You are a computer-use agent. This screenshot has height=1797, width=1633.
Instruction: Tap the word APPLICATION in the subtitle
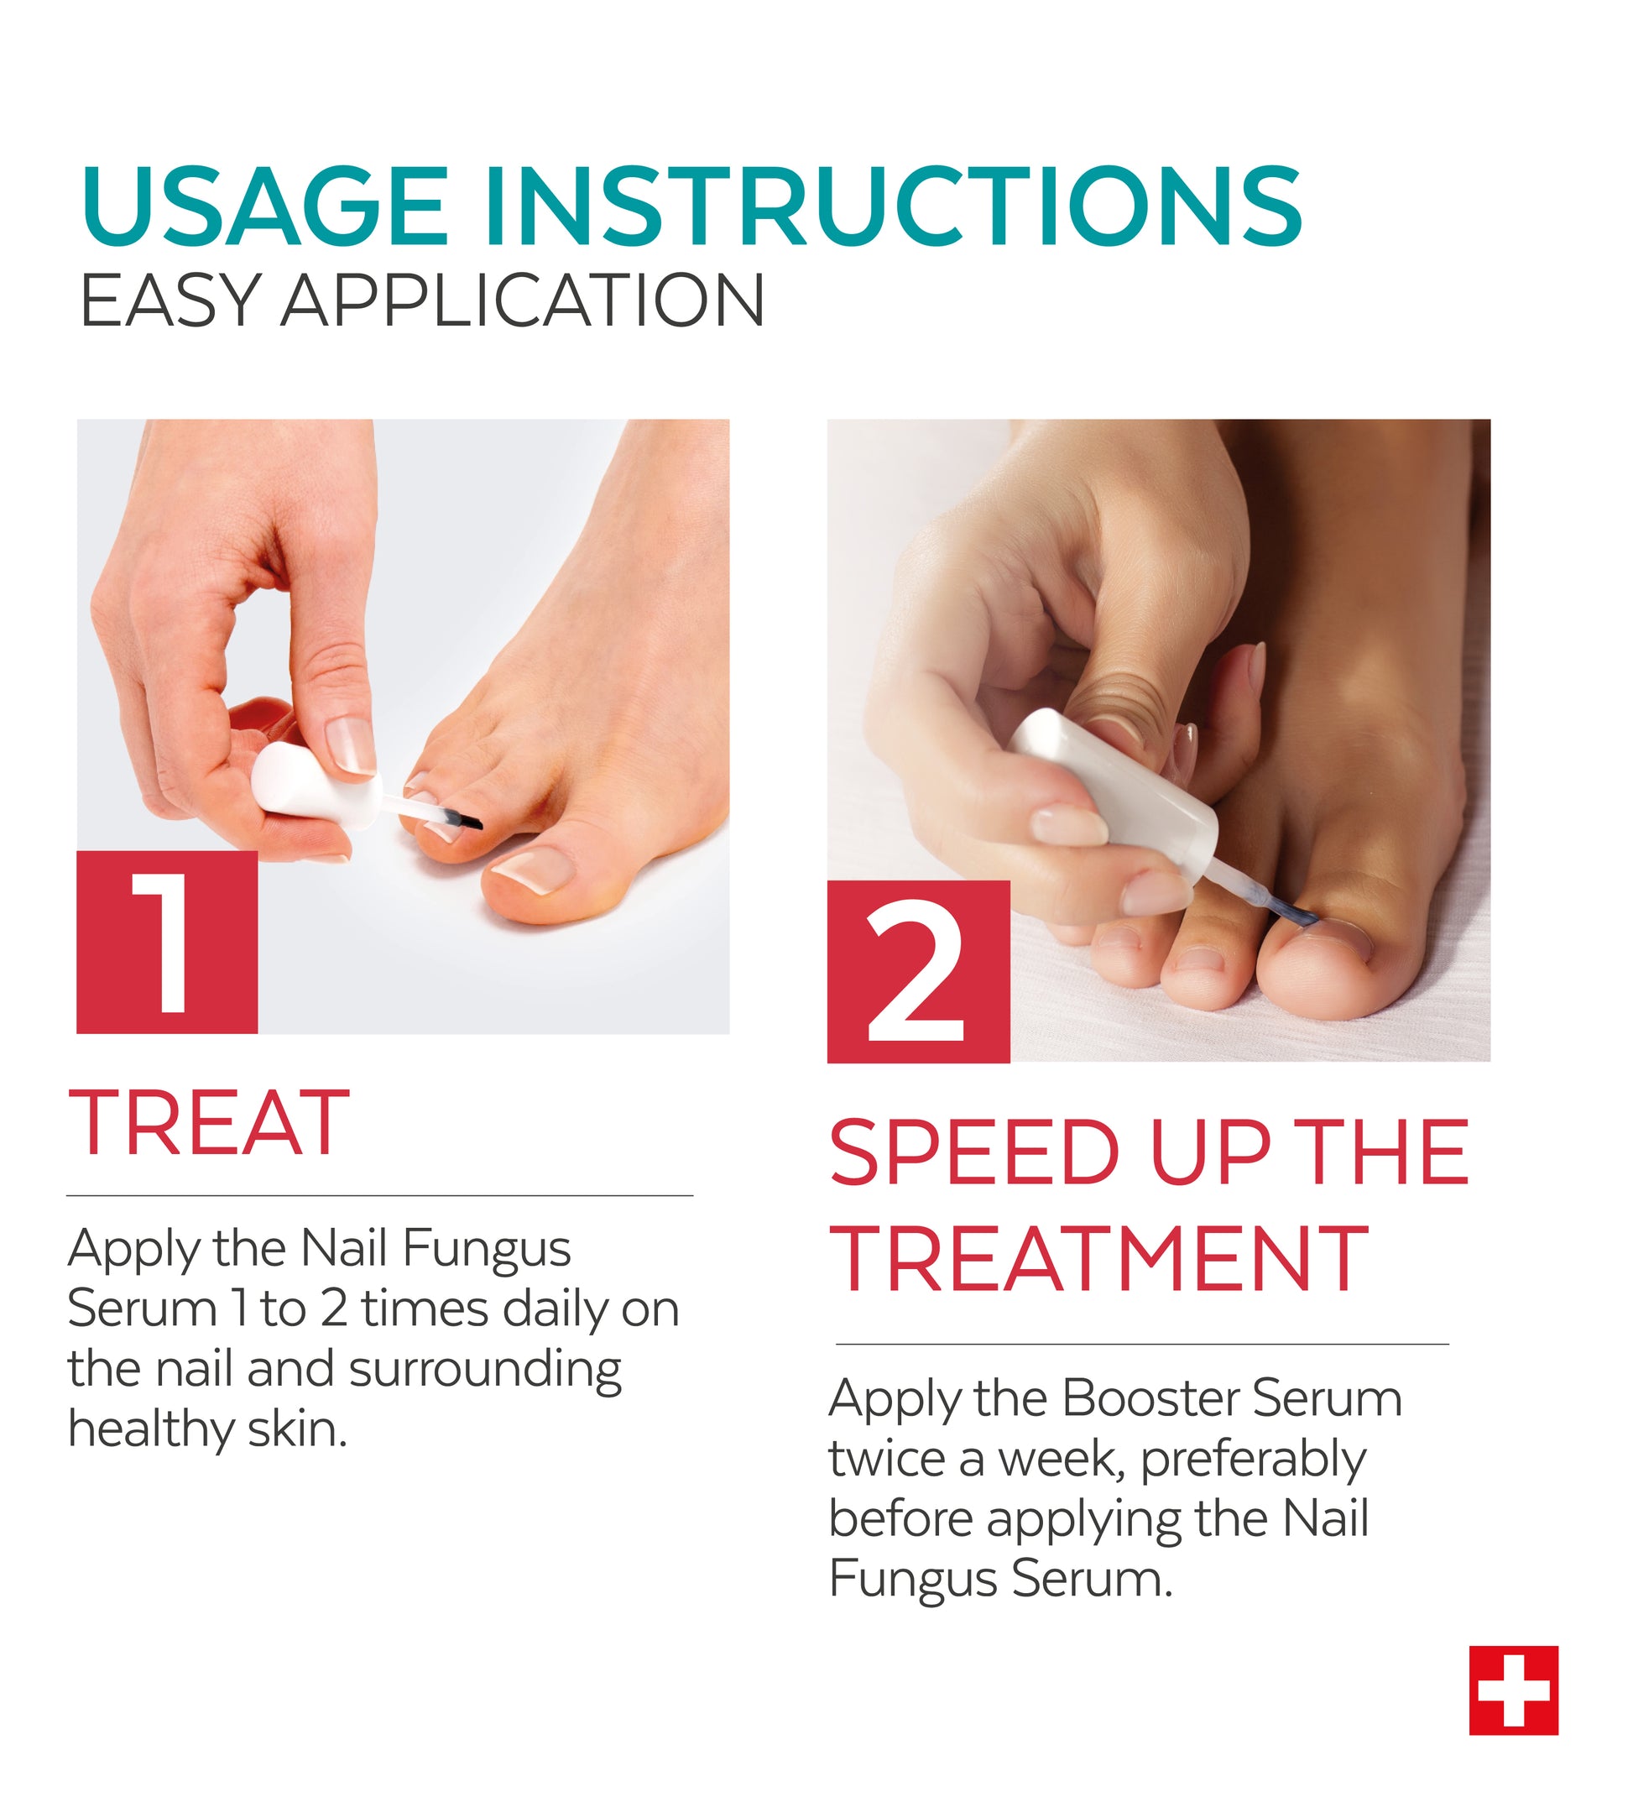pyautogui.click(x=522, y=300)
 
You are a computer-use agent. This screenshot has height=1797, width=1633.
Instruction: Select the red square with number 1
pyautogui.click(x=167, y=943)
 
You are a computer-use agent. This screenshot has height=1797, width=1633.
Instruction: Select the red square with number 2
pyautogui.click(x=918, y=972)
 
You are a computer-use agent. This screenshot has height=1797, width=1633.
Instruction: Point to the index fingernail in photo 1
pyautogui.click(x=348, y=744)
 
